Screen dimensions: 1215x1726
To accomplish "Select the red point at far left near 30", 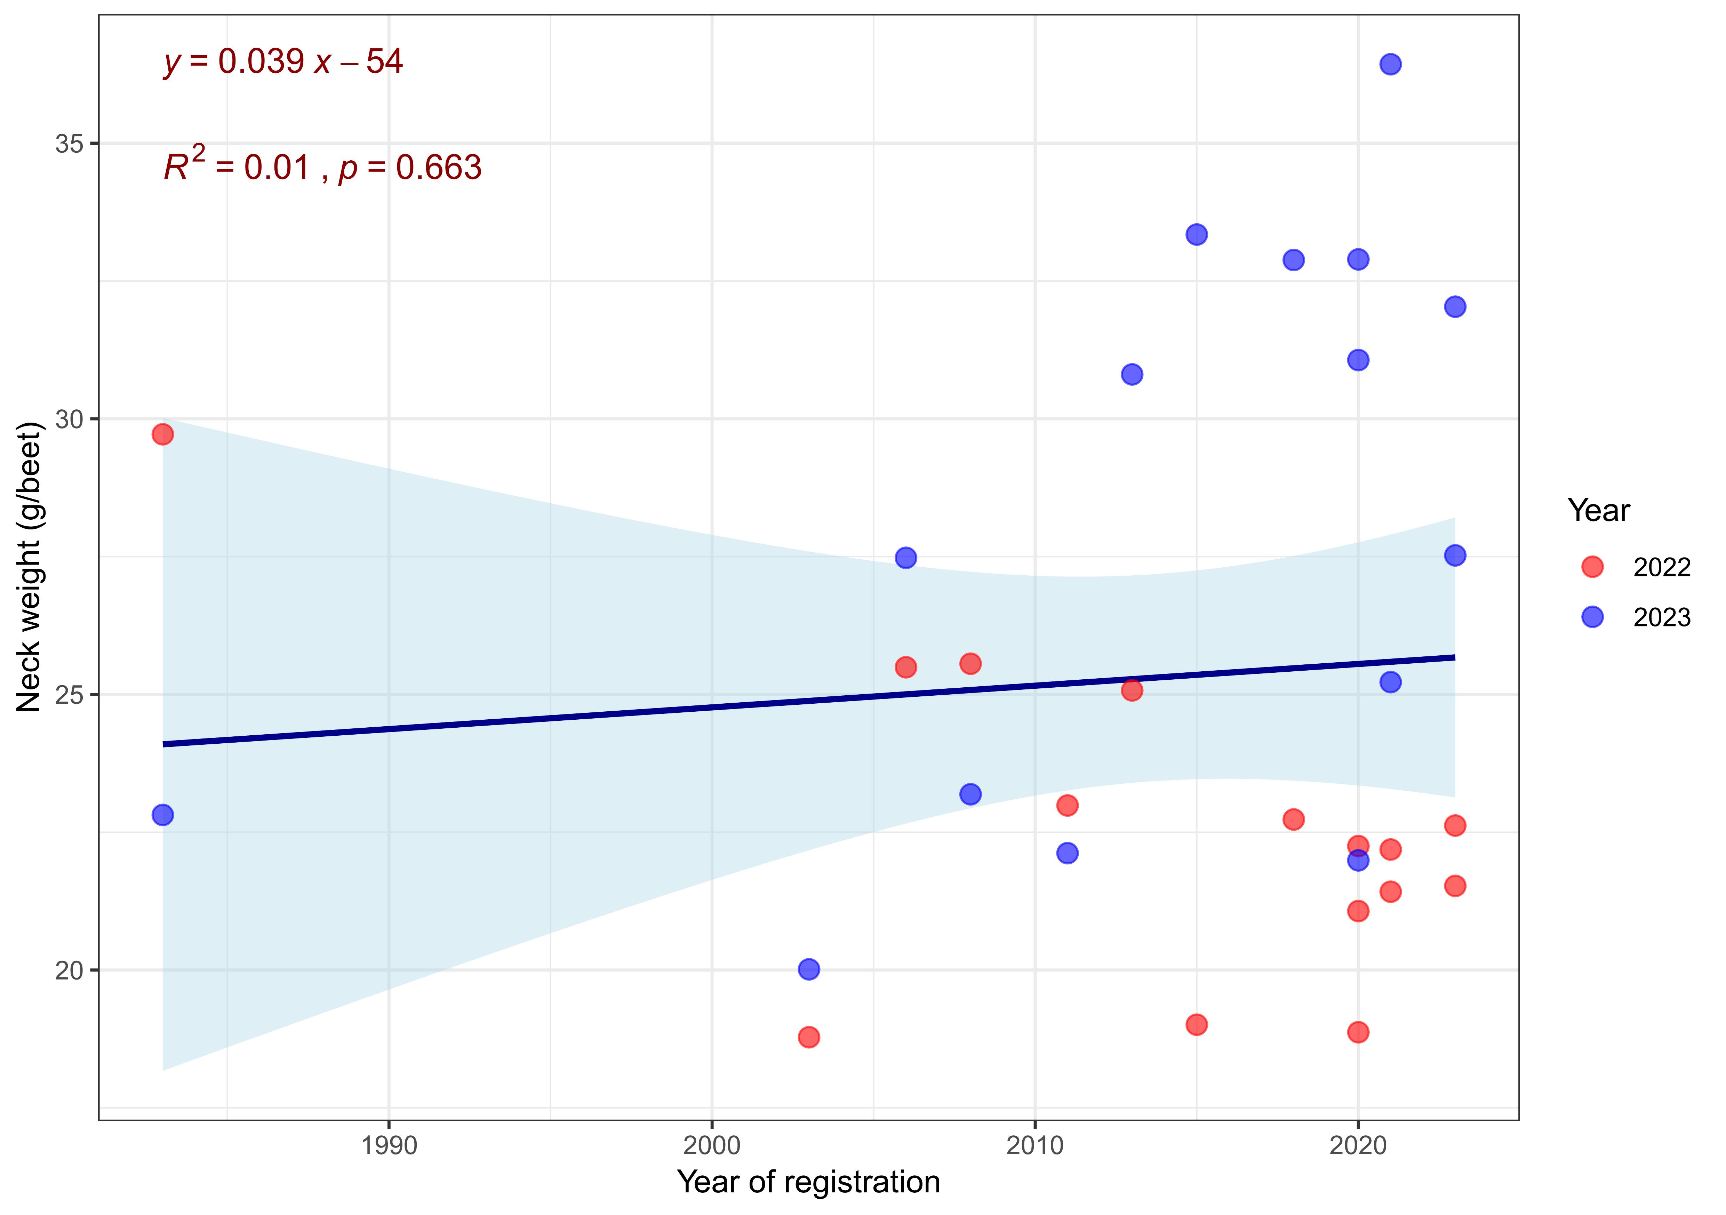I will [x=162, y=434].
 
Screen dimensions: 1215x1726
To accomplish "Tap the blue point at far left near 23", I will [x=162, y=814].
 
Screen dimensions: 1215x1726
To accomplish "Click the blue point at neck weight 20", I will [x=808, y=969].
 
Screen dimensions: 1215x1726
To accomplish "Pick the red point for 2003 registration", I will [x=808, y=1037].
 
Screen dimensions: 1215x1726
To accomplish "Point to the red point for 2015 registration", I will [x=1196, y=1024].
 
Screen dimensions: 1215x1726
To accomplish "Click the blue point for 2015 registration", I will [x=1196, y=234].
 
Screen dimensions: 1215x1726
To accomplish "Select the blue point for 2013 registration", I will [x=1132, y=374].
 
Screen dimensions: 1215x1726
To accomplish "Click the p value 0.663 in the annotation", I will [x=438, y=168].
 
